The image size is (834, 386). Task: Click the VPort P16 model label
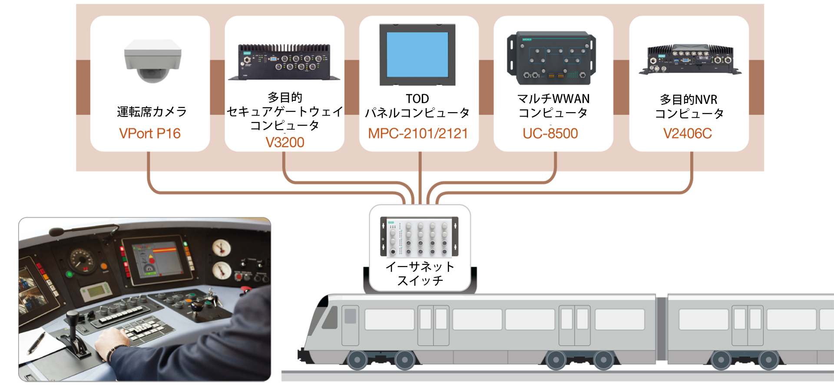tap(150, 133)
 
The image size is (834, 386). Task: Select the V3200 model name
tap(285, 143)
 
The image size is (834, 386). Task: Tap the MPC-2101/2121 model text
tap(418, 133)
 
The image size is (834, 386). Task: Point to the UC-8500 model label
tap(550, 133)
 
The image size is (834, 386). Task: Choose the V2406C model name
tap(688, 133)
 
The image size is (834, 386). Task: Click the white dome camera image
tap(152, 60)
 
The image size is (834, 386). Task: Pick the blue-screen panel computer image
tap(417, 55)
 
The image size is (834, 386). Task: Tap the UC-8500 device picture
tap(551, 58)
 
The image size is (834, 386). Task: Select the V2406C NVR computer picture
tap(690, 60)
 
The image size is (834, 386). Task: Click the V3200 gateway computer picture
tap(285, 62)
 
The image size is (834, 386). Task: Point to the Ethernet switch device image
tap(419, 237)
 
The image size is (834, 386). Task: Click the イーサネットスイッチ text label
tap(420, 273)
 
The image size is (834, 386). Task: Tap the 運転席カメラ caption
tap(152, 112)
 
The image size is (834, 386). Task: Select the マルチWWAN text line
tap(553, 99)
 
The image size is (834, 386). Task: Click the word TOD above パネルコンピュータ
tap(417, 99)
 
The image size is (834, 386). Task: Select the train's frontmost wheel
tap(357, 360)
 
